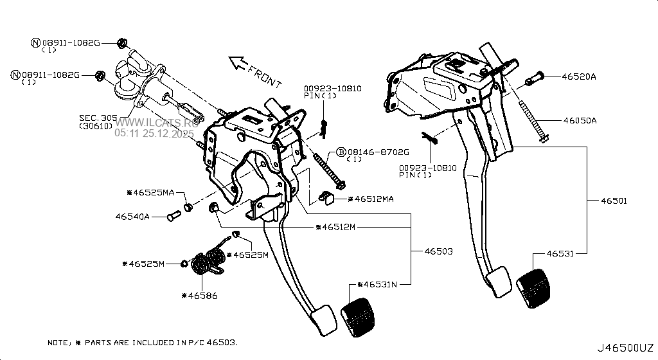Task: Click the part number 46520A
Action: [x=579, y=76]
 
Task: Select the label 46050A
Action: [x=580, y=120]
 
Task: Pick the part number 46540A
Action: [x=133, y=217]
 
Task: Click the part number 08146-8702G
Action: [x=378, y=152]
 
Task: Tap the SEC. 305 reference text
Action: [x=98, y=118]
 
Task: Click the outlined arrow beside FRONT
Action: [x=238, y=63]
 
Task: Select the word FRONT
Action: [x=265, y=76]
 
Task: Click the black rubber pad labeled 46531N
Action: [x=359, y=317]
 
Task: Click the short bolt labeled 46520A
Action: [x=534, y=80]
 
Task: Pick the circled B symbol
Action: [x=341, y=152]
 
